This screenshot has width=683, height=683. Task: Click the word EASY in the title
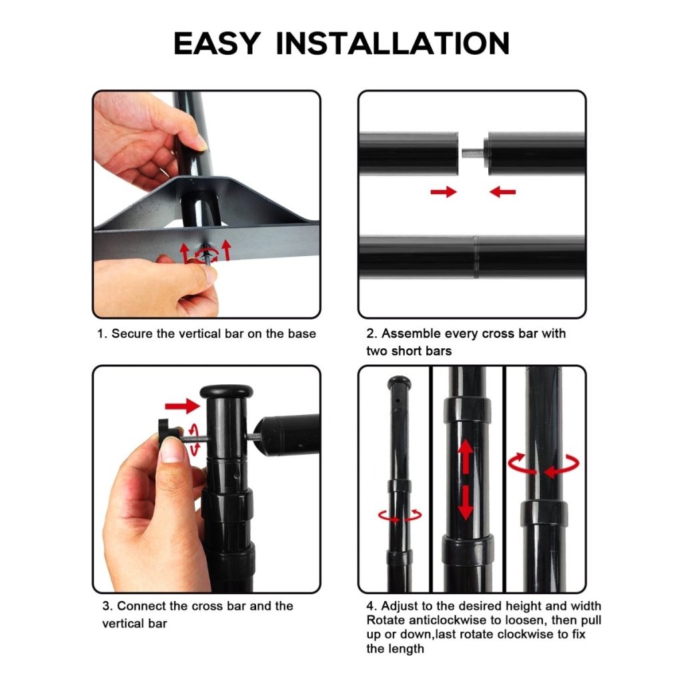coord(217,43)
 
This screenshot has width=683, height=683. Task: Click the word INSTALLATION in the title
coord(392,43)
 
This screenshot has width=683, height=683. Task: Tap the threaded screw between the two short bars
coord(472,153)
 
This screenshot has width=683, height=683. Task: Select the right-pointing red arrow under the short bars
coord(444,191)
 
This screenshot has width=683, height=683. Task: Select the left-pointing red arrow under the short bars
coord(503,191)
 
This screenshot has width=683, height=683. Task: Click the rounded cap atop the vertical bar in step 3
coord(227,392)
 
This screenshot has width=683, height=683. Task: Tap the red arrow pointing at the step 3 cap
coord(182,406)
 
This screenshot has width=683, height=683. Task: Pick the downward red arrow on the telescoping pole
coord(466,502)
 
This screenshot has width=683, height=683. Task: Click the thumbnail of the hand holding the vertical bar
coord(201,143)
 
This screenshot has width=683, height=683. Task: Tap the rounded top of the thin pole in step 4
coord(399,382)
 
